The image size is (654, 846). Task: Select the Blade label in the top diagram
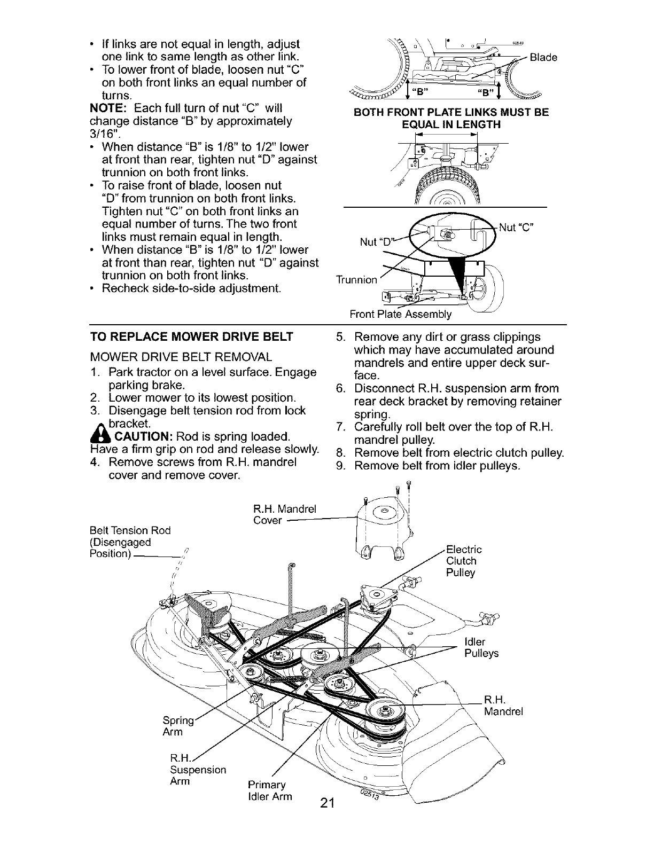[543, 57]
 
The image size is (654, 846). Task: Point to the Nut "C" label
[517, 227]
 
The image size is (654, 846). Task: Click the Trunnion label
[356, 279]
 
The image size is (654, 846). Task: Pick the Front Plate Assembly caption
[400, 314]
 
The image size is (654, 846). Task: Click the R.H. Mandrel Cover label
[284, 514]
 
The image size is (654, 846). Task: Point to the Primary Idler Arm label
[270, 791]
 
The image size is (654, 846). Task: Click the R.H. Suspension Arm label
[196, 770]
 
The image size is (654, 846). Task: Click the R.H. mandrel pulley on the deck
[383, 710]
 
